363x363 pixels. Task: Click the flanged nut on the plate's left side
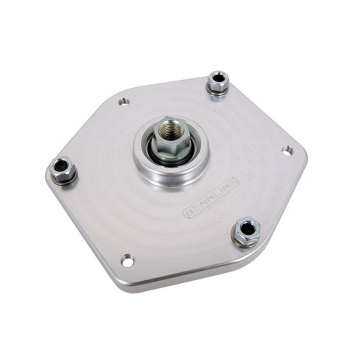tap(63, 170)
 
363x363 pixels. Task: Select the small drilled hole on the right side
tap(287, 150)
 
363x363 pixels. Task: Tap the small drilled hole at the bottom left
tap(128, 259)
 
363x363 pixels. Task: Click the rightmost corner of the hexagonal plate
tap(307, 154)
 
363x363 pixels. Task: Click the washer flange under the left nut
tap(66, 179)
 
